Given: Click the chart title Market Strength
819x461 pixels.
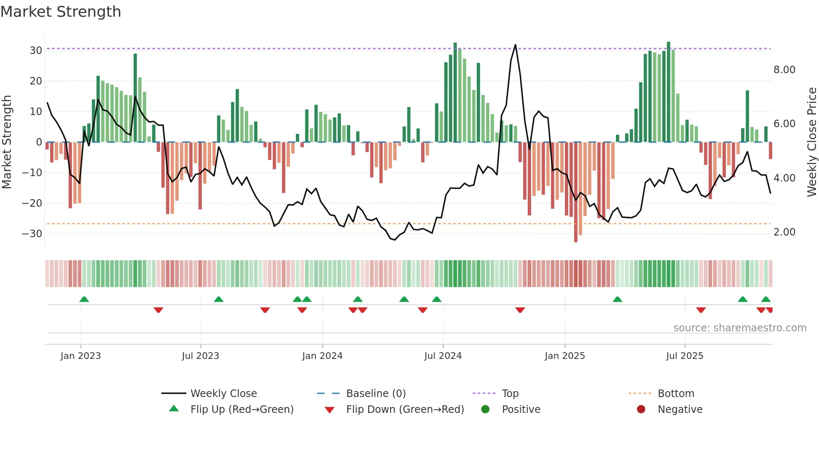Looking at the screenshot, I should pos(61,12).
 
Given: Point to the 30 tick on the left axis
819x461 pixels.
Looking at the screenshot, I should pos(36,51).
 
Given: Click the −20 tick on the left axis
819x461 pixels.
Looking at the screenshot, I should pos(32,203).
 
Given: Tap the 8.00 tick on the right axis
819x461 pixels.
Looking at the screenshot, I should pos(784,70).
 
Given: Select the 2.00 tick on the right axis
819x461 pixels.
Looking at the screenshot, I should pos(784,232).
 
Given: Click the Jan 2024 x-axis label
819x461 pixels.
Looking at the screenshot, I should pos(322,356).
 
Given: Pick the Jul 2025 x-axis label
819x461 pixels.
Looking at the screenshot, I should pos(684,356).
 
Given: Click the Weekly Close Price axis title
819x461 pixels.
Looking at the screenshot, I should pos(811,142).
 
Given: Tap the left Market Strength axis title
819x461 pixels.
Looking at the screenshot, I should pos(7,142).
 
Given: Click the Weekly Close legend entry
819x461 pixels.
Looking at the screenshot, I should pos(224,394).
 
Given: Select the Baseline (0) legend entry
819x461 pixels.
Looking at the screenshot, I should pos(376,394).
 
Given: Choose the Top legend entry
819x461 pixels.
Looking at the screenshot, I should pos(510,394).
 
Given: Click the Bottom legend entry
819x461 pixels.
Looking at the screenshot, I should pos(676,394).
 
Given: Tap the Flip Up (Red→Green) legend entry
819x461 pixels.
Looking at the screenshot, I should pos(242,410).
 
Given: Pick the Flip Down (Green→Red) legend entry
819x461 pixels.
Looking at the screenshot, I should pos(405,410).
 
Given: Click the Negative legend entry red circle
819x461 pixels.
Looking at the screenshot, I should pos(641,410).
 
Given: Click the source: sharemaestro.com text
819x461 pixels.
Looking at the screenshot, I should pos(740,328).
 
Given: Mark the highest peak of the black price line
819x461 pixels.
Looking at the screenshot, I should pos(515,45).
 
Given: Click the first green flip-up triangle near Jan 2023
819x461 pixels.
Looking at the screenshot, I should pos(84,300).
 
